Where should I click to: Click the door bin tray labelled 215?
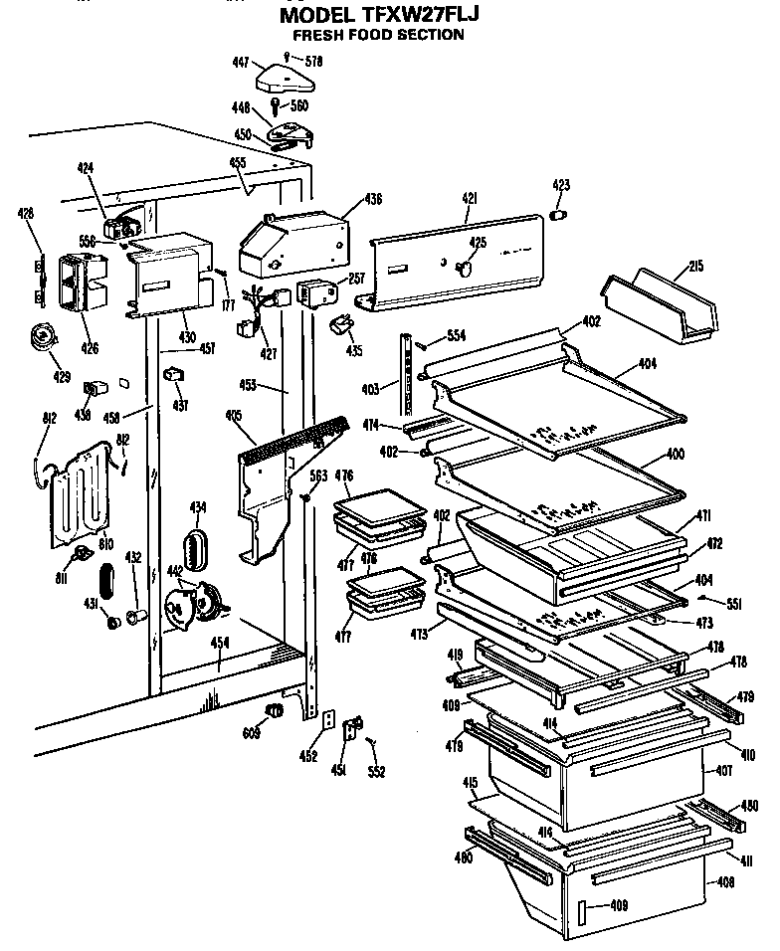tap(659, 303)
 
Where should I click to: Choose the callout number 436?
tap(344, 199)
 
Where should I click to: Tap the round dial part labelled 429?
tap(42, 338)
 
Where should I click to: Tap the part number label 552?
tap(376, 771)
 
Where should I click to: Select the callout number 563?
tap(317, 475)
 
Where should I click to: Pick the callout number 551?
tap(736, 602)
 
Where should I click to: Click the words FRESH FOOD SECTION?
tap(385, 35)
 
